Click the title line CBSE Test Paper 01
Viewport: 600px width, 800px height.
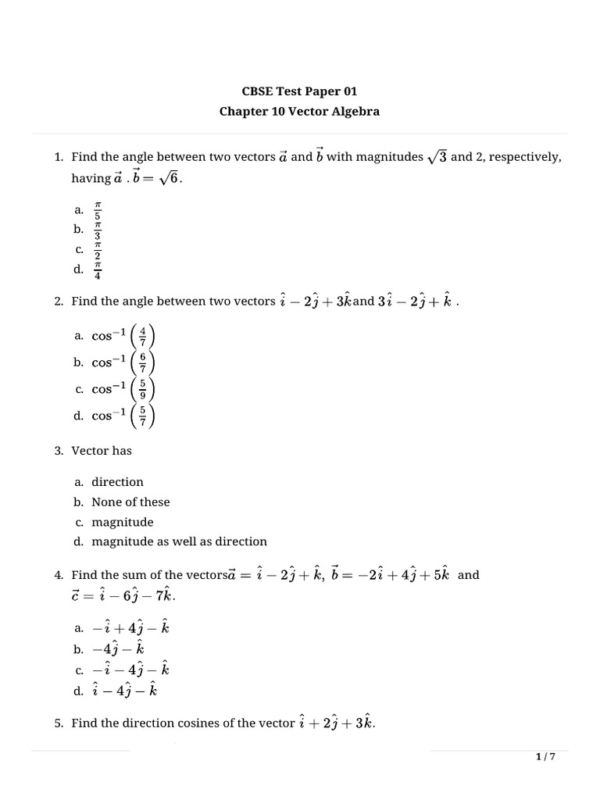coord(299,91)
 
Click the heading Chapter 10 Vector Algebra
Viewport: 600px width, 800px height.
coord(299,111)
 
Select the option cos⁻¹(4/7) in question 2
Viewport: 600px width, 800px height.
coord(123,336)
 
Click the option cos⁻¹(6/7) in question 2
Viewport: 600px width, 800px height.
coord(123,362)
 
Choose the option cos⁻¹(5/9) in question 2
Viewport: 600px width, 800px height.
coord(123,389)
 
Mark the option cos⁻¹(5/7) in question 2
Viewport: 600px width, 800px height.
coord(123,416)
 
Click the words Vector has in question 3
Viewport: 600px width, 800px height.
coord(102,451)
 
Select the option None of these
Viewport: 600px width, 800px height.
coord(130,502)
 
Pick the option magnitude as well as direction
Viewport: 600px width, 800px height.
coord(179,541)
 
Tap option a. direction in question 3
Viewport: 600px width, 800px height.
coord(117,482)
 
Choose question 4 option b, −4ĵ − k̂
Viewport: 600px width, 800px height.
coord(118,648)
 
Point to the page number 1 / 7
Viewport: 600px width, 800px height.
coord(545,757)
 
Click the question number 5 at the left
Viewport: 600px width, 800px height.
coord(59,723)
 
